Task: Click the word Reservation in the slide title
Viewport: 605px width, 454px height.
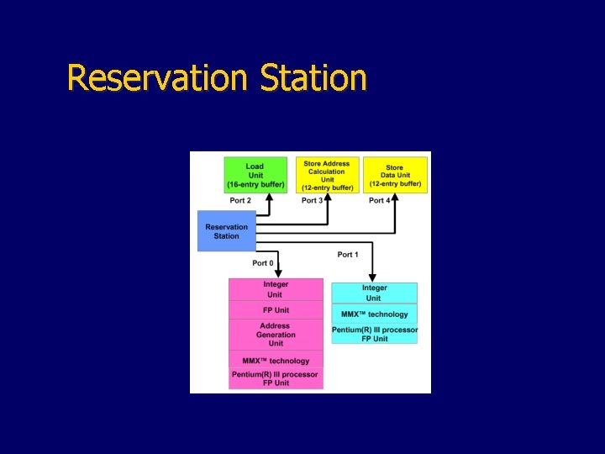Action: coord(156,78)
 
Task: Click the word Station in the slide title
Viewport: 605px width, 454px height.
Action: coord(313,78)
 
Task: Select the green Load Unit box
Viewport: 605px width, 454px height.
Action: coord(255,175)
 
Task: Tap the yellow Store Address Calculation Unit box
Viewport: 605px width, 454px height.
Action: coord(328,175)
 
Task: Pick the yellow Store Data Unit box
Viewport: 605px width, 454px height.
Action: coord(395,175)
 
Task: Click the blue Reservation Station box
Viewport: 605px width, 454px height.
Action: coord(227,231)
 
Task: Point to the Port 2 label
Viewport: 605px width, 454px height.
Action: coord(240,200)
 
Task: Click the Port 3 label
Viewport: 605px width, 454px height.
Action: coord(312,200)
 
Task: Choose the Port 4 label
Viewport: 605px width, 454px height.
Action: coord(380,200)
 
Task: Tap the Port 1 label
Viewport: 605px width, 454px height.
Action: coord(348,254)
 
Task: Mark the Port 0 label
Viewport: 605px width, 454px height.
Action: coord(263,263)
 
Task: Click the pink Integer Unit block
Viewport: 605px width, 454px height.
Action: coord(276,289)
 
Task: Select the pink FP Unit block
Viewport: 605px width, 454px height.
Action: coord(276,310)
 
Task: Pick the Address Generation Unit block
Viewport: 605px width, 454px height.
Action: coord(276,335)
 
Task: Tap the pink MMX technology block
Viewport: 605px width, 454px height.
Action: coord(276,361)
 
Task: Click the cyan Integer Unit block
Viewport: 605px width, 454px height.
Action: coord(374,293)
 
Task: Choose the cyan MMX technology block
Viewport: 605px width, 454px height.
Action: coord(374,314)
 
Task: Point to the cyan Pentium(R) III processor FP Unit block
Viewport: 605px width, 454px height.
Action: coord(374,334)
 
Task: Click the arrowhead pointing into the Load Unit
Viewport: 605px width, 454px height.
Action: coord(269,197)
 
